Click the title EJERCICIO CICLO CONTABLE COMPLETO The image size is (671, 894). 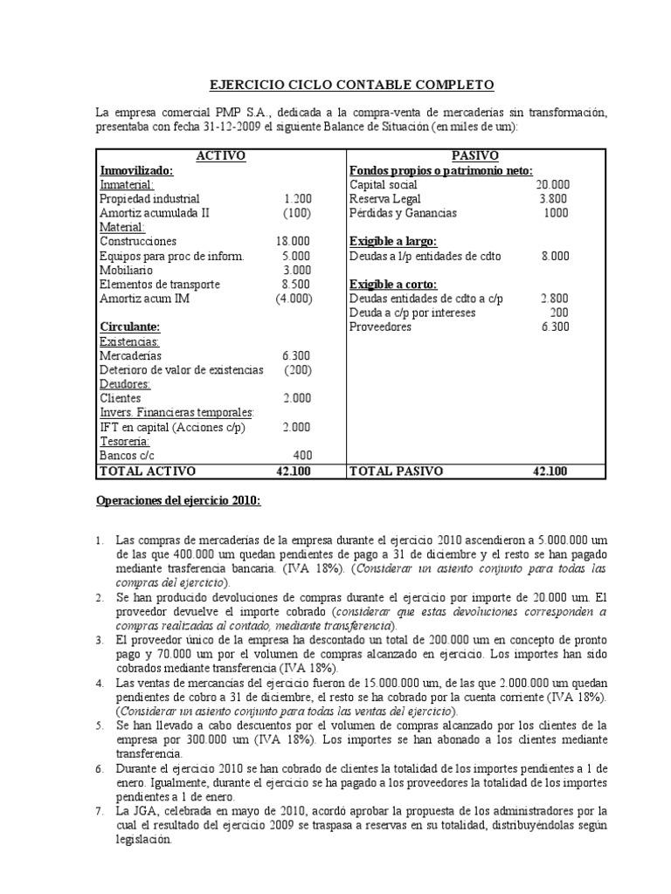353,85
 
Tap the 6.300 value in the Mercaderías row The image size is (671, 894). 295,355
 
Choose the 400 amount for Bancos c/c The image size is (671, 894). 302,455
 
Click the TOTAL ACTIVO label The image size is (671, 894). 149,471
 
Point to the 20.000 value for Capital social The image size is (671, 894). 552,185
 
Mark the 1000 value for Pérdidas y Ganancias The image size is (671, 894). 555,213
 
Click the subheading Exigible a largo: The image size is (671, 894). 393,241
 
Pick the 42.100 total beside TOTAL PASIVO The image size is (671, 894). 550,471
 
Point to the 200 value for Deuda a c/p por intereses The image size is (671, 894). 559,313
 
